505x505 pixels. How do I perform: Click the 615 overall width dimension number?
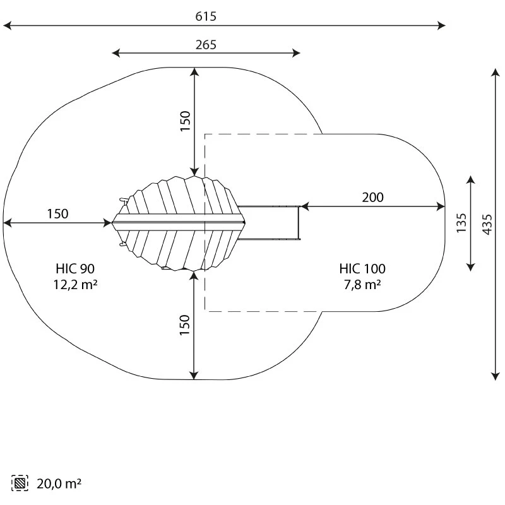point(206,16)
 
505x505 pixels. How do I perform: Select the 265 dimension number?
point(206,45)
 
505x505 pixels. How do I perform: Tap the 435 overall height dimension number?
point(487,224)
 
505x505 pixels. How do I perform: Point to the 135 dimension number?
point(461,223)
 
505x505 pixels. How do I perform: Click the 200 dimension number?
point(372,198)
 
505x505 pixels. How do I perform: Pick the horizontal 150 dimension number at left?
point(57,214)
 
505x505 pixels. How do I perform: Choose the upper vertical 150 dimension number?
point(185,121)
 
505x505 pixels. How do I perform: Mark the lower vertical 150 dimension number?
point(184,325)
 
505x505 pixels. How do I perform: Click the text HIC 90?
point(75,269)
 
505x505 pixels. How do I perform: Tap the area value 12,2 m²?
point(75,285)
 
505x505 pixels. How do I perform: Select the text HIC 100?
point(362,269)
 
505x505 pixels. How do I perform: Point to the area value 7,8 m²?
point(362,285)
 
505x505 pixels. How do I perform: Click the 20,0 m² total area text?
point(59,484)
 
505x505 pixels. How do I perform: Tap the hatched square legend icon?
point(20,483)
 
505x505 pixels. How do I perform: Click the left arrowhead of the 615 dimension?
point(7,25)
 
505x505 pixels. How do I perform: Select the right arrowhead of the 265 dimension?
point(296,53)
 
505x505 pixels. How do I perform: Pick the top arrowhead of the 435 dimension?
point(496,72)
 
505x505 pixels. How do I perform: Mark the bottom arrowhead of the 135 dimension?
point(470,267)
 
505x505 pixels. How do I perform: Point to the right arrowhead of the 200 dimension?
point(441,206)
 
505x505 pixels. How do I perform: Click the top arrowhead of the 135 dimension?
point(470,180)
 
